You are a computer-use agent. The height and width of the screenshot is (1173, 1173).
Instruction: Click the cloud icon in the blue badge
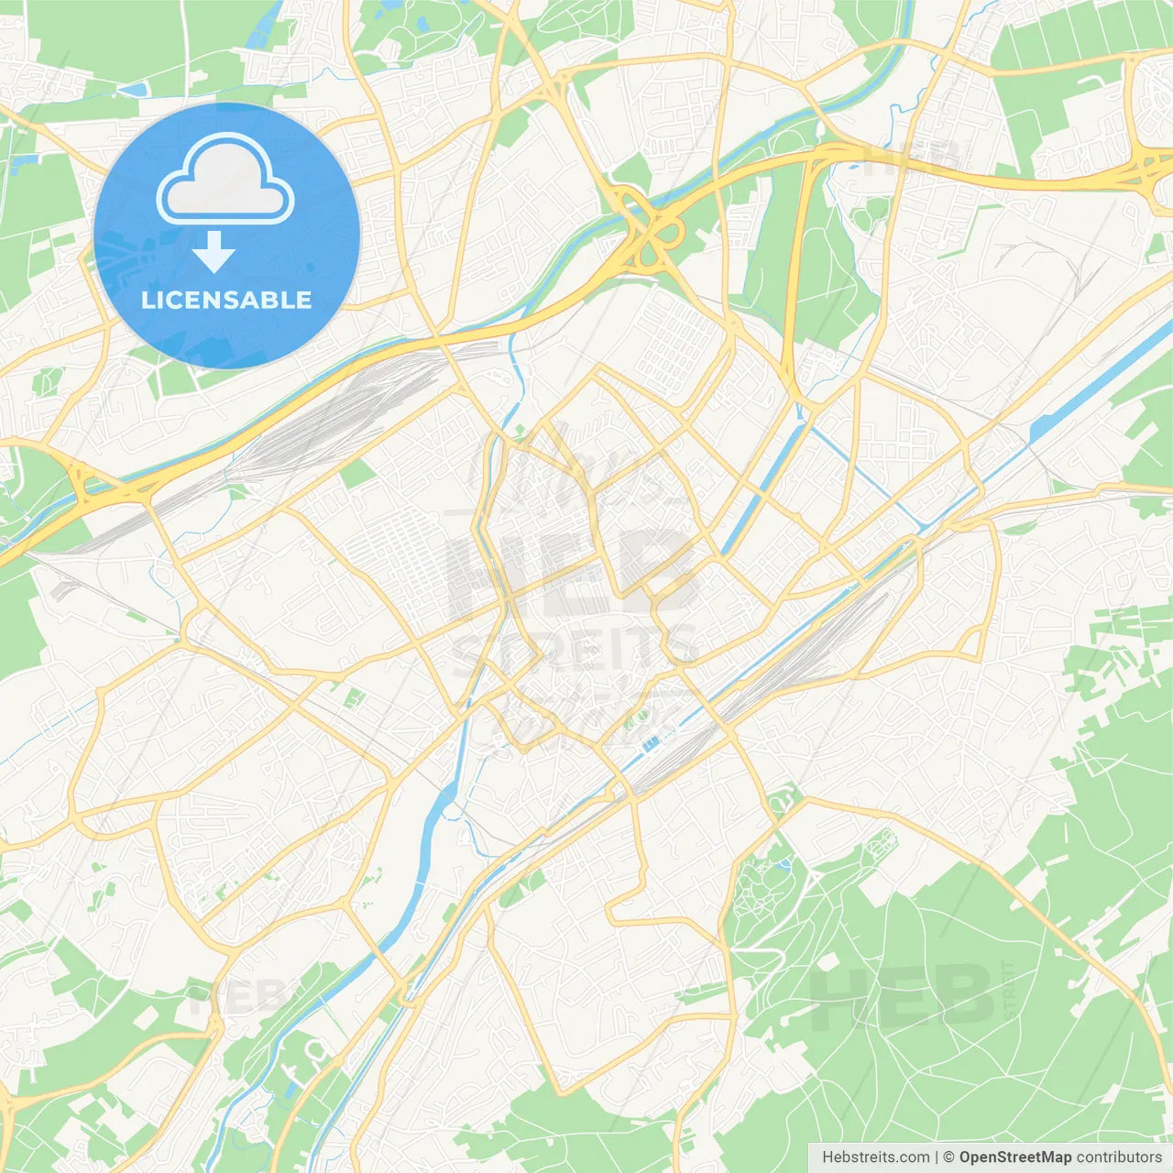point(225,180)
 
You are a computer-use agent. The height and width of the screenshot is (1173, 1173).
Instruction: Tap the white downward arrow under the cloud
point(214,251)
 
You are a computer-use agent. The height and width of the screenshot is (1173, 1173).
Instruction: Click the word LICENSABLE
point(226,300)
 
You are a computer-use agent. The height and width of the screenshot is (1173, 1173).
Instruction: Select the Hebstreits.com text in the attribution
point(875,1157)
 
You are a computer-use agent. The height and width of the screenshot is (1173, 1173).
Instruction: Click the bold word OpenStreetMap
point(1014,1157)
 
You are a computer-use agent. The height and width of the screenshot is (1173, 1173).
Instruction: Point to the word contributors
point(1119,1157)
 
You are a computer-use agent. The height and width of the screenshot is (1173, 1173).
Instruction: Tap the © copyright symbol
point(948,1157)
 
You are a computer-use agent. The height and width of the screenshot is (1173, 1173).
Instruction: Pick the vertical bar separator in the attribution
point(936,1157)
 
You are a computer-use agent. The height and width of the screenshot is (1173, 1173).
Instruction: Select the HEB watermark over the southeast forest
point(903,994)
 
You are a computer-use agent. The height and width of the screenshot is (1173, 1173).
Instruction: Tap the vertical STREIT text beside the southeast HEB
point(1009,990)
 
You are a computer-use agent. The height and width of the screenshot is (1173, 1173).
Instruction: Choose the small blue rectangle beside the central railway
point(651,743)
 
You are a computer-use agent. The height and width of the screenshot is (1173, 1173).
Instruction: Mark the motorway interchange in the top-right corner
point(1146,165)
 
